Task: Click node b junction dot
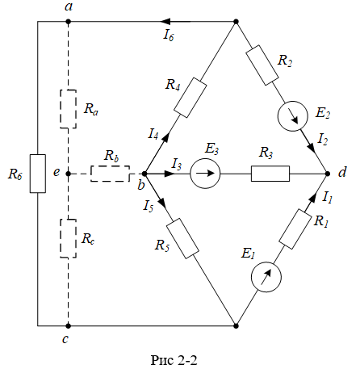point(144,174)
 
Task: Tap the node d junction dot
point(328,174)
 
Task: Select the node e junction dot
point(69,174)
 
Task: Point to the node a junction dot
point(69,22)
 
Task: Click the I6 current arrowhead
point(167,22)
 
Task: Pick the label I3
point(177,164)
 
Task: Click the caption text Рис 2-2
point(174,360)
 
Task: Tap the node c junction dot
point(69,326)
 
